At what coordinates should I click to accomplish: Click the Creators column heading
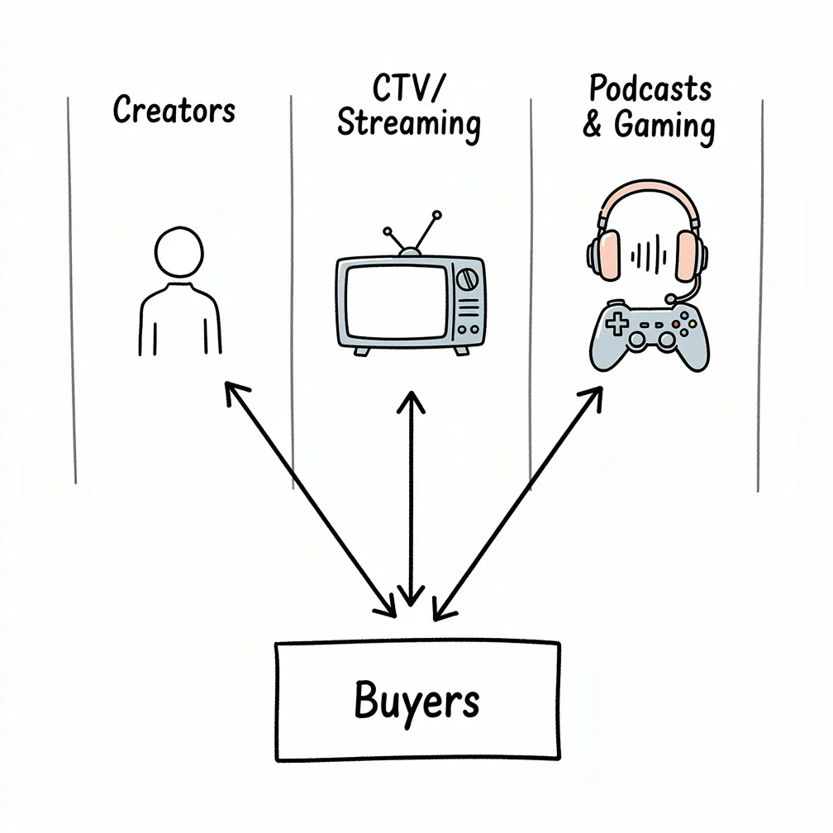(x=174, y=110)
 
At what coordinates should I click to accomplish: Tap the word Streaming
(x=409, y=124)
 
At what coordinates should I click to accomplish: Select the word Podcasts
(x=650, y=89)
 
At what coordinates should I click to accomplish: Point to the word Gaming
(x=664, y=126)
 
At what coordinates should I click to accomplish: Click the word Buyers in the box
(x=416, y=701)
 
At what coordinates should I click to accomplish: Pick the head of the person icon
(x=179, y=253)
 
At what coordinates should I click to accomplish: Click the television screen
(x=396, y=302)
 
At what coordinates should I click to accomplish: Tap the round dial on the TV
(x=467, y=278)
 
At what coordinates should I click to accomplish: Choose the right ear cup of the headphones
(x=688, y=255)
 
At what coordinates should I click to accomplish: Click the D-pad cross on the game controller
(x=616, y=324)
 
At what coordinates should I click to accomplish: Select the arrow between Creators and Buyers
(x=310, y=499)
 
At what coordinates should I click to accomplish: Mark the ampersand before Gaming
(x=592, y=126)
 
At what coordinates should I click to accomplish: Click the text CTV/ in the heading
(x=410, y=88)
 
